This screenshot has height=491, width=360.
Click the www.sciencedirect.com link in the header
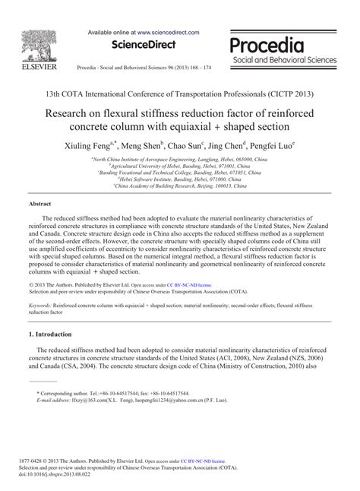[169, 33]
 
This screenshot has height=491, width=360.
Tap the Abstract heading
[39, 204]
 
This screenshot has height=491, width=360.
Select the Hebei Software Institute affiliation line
[179, 179]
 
